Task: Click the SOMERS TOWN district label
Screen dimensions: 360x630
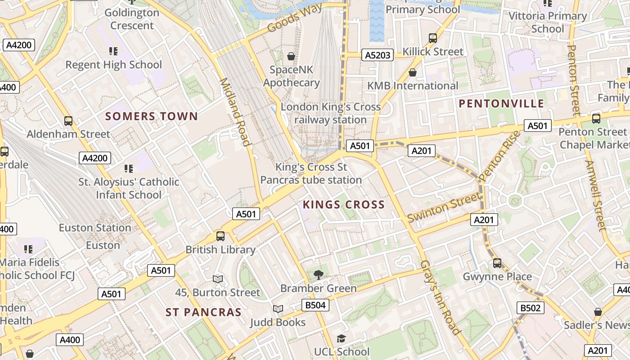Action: tap(152, 117)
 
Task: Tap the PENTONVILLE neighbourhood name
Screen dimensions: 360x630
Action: tap(501, 104)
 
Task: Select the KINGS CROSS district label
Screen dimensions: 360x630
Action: tap(344, 205)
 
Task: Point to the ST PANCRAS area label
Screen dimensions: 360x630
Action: tap(203, 312)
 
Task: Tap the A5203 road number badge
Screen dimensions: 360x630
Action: tap(378, 55)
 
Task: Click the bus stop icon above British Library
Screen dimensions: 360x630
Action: tap(220, 236)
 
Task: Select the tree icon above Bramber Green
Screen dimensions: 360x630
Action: tap(318, 274)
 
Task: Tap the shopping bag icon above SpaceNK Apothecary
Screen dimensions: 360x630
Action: tap(291, 56)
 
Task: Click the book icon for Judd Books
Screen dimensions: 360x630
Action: tap(278, 309)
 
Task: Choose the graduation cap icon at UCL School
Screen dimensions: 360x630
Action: tap(342, 338)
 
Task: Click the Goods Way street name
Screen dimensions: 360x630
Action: tap(295, 18)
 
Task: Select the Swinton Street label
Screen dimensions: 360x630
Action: tap(443, 207)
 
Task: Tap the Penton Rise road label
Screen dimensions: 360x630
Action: tap(499, 156)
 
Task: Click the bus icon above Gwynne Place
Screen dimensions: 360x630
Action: tap(497, 263)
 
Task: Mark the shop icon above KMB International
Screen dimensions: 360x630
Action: tap(412, 72)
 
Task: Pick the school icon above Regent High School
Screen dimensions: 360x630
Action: tap(113, 51)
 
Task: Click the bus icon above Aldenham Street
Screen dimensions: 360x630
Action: tap(68, 121)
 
